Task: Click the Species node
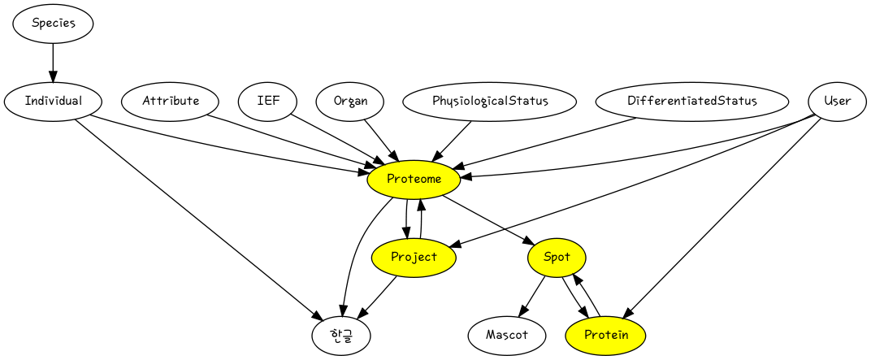pyautogui.click(x=53, y=24)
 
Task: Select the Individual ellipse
pyautogui.click(x=53, y=102)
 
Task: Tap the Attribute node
pyautogui.click(x=171, y=102)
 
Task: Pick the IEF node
pyautogui.click(x=267, y=102)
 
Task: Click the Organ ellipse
pyautogui.click(x=350, y=102)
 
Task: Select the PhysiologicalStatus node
pyautogui.click(x=490, y=102)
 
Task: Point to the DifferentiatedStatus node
pyautogui.click(x=691, y=102)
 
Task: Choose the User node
pyautogui.click(x=837, y=102)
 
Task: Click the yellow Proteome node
pyautogui.click(x=414, y=180)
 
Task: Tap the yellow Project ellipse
pyautogui.click(x=414, y=258)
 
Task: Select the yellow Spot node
pyautogui.click(x=557, y=258)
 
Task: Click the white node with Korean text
pyautogui.click(x=341, y=336)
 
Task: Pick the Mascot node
pyautogui.click(x=506, y=336)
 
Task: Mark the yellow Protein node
pyautogui.click(x=605, y=336)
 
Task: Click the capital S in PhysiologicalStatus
pyautogui.click(x=514, y=102)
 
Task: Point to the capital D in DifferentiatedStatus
pyautogui.click(x=631, y=102)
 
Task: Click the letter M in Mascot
pyautogui.click(x=491, y=336)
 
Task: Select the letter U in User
pyautogui.click(x=827, y=102)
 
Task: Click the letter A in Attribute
pyautogui.click(x=146, y=102)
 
